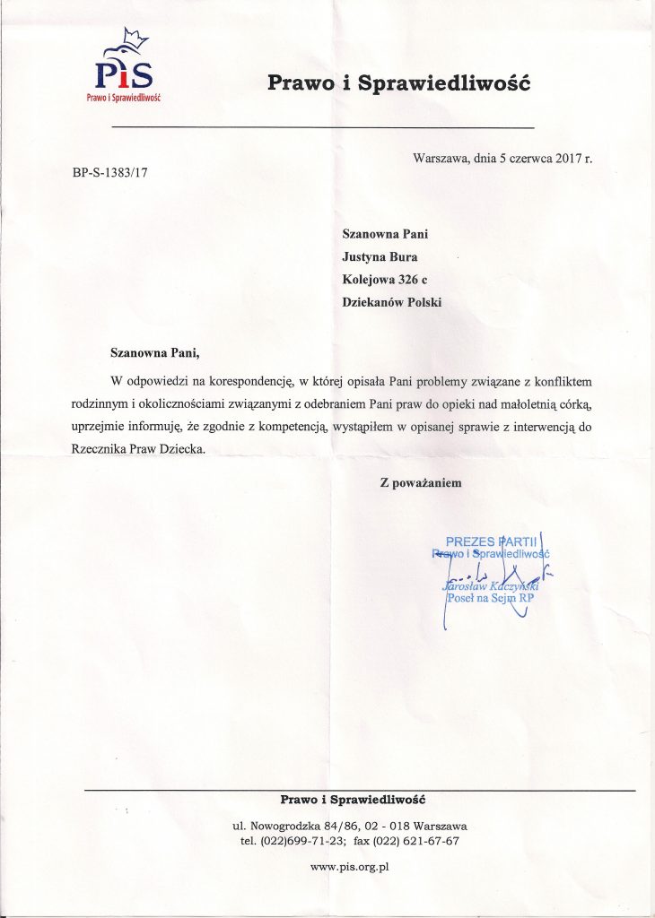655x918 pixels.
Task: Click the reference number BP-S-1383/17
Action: tap(109, 174)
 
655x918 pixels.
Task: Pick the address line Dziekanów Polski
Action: tap(392, 302)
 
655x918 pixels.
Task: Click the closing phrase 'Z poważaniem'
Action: tap(421, 482)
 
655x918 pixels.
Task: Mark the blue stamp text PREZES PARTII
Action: tap(490, 542)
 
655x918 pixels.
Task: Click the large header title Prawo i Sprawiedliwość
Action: tap(399, 83)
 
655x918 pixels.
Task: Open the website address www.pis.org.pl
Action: tap(349, 867)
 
